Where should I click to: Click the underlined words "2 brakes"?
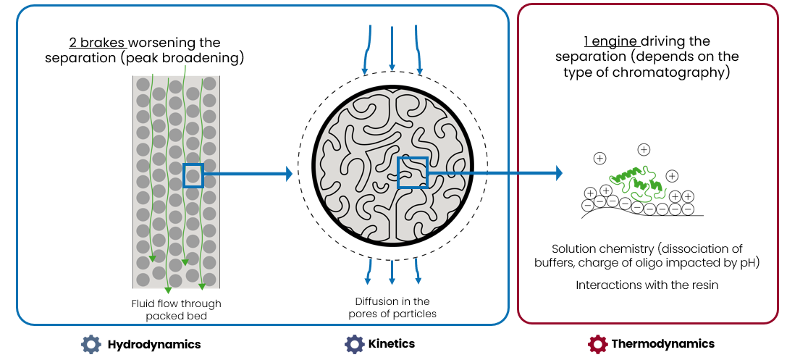click(93, 43)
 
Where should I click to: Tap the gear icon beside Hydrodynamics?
click(90, 343)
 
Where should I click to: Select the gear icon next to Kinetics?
click(353, 343)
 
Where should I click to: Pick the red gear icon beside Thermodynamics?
click(597, 343)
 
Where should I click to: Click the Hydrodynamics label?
click(153, 344)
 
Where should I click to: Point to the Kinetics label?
click(392, 344)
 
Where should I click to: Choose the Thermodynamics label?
click(662, 344)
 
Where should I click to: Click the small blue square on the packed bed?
click(193, 176)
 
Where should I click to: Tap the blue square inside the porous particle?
click(413, 172)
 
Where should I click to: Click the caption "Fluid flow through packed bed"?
click(176, 309)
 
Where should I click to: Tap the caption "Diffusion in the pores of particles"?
click(392, 307)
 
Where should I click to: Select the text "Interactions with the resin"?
click(647, 285)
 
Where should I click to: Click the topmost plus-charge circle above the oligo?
click(644, 149)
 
